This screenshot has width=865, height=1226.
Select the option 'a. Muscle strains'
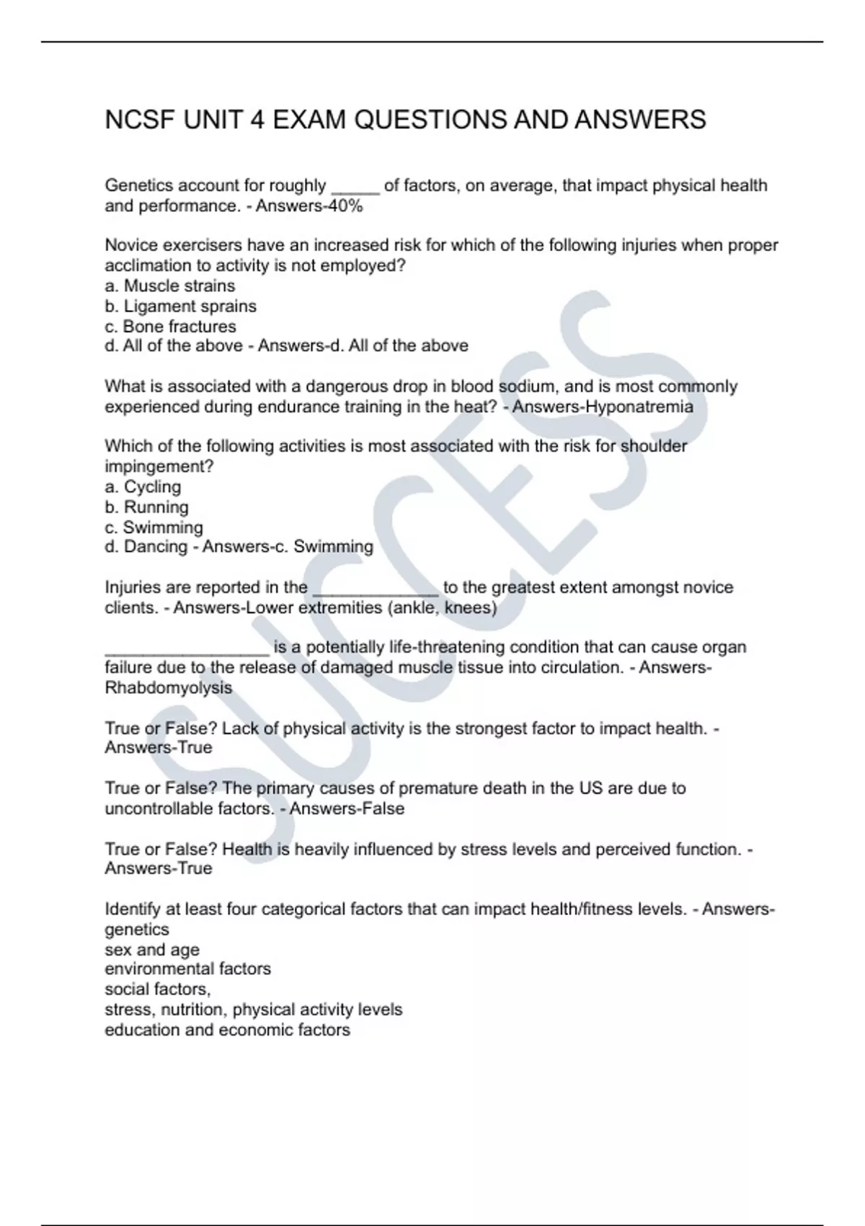pyautogui.click(x=169, y=286)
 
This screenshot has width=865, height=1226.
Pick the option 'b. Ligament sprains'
pyautogui.click(x=180, y=306)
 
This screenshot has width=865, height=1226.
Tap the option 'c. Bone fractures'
pyautogui.click(x=170, y=327)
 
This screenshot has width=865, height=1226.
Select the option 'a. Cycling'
pyautogui.click(x=143, y=487)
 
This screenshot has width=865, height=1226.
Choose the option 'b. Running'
pyautogui.click(x=146, y=507)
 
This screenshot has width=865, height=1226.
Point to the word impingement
pyautogui.click(x=159, y=467)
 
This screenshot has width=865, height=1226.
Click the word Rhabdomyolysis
pyautogui.click(x=168, y=687)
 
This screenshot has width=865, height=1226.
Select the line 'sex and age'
pyautogui.click(x=151, y=949)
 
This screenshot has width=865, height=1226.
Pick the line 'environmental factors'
pyautogui.click(x=187, y=969)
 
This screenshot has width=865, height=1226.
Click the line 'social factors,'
pyautogui.click(x=157, y=989)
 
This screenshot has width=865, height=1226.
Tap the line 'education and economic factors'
pyautogui.click(x=227, y=1030)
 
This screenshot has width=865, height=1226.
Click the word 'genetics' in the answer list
pyautogui.click(x=137, y=929)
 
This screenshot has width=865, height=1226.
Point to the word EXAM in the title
pyautogui.click(x=309, y=120)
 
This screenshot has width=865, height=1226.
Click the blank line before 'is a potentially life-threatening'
pyautogui.click(x=187, y=649)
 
